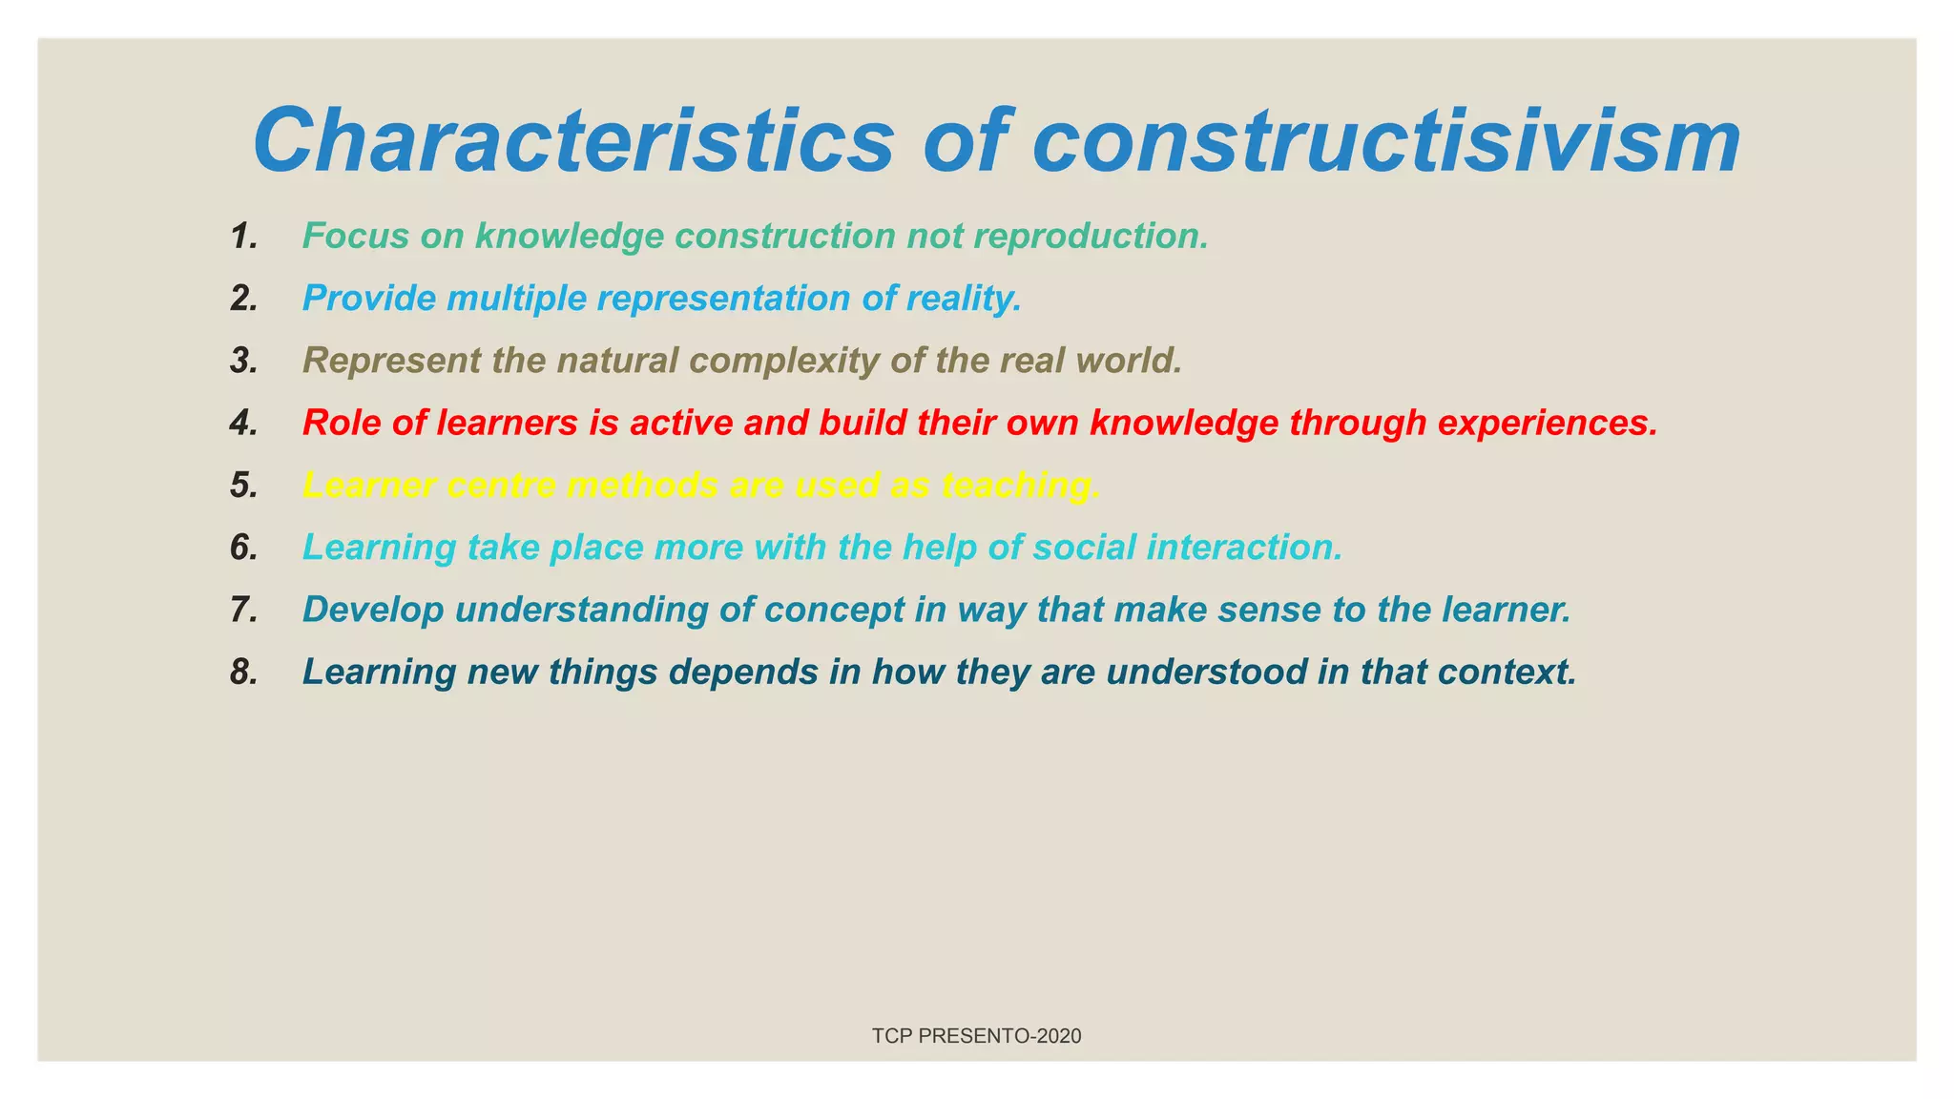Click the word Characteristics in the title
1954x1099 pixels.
pyautogui.click(x=572, y=141)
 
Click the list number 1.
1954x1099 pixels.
pyautogui.click(x=244, y=236)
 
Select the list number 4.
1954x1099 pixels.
pyautogui.click(x=244, y=423)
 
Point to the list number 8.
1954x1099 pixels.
pyautogui.click(x=244, y=672)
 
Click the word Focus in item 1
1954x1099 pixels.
pyautogui.click(x=356, y=236)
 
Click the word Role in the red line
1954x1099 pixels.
pyautogui.click(x=342, y=423)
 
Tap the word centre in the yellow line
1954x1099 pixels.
pyautogui.click(x=501, y=486)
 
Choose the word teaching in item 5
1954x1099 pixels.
pyautogui.click(x=1020, y=486)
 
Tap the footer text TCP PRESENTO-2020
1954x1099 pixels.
pyautogui.click(x=976, y=1036)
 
